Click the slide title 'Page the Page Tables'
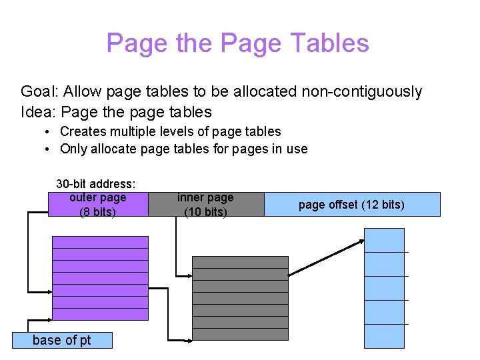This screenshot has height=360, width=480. tap(237, 43)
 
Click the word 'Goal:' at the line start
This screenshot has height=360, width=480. tap(38, 91)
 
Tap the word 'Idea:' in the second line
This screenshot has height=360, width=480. tap(37, 111)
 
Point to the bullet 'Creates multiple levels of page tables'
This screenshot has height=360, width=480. tap(170, 131)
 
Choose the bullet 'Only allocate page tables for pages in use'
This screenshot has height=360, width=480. tap(183, 149)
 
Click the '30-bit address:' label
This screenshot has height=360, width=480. tap(96, 183)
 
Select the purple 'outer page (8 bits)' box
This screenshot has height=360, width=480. tap(98, 205)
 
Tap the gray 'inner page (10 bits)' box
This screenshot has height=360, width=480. tap(205, 205)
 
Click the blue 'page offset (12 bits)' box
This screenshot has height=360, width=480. tap(352, 205)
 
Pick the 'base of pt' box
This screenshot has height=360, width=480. tap(62, 340)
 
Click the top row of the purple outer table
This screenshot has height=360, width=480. tap(100, 242)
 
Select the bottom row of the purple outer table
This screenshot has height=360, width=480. tap(100, 314)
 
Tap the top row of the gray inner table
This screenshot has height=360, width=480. tap(240, 262)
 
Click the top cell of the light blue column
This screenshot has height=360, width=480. tap(384, 240)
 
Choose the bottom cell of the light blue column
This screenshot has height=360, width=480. tap(384, 336)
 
